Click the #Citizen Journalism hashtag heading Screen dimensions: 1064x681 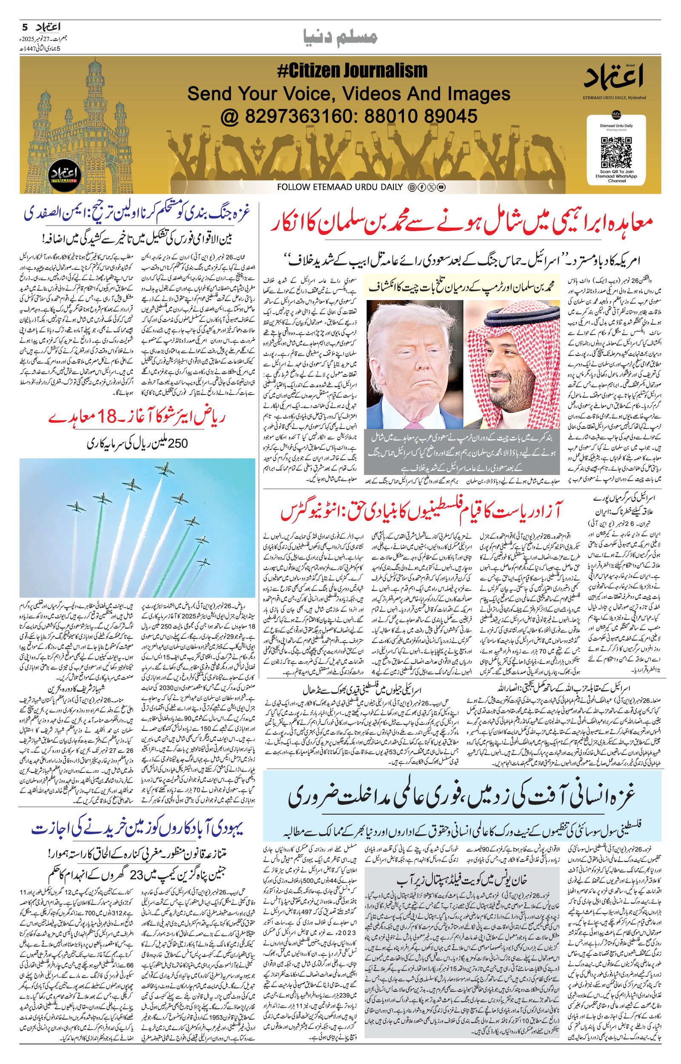(x=352, y=71)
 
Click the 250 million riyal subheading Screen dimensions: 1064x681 (x=138, y=443)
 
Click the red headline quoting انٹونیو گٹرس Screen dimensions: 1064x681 (x=421, y=512)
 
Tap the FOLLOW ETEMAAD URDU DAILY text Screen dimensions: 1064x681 (x=340, y=187)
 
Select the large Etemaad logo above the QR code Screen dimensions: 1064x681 (x=616, y=77)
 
